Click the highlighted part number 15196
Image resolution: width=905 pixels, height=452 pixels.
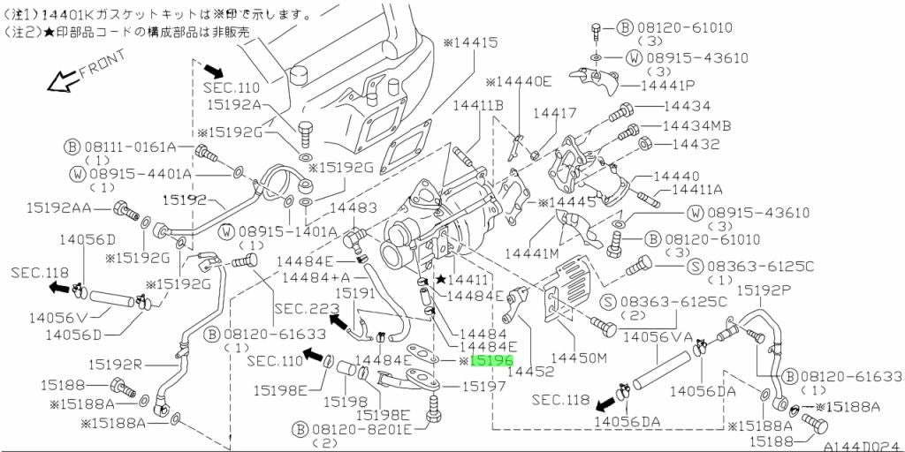tap(491, 361)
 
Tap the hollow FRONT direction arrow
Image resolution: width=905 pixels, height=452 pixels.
tap(60, 82)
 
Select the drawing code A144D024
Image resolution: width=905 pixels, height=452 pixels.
tap(863, 445)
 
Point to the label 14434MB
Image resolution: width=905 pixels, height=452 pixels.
tap(696, 125)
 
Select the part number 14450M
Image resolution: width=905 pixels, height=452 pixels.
tap(580, 358)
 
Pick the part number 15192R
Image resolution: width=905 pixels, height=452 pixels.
tap(115, 363)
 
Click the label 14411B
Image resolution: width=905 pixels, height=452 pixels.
tap(478, 106)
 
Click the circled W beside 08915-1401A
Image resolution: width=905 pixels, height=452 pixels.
tap(227, 232)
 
